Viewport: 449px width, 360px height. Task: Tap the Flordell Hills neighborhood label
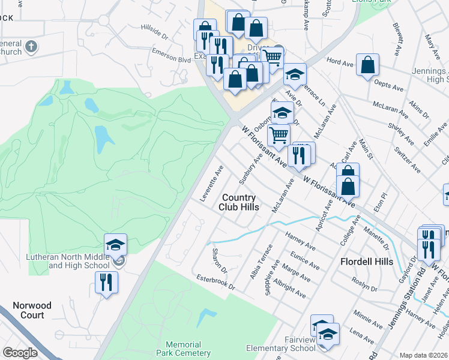coord(366,262)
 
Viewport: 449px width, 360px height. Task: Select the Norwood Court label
coord(31,310)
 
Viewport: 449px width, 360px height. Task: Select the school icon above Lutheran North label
coord(116,244)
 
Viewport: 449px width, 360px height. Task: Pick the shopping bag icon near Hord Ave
coord(367,65)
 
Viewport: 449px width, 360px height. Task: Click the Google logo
coord(20,353)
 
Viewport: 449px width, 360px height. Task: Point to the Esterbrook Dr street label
coord(215,282)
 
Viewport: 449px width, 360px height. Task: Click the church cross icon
coord(31,46)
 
